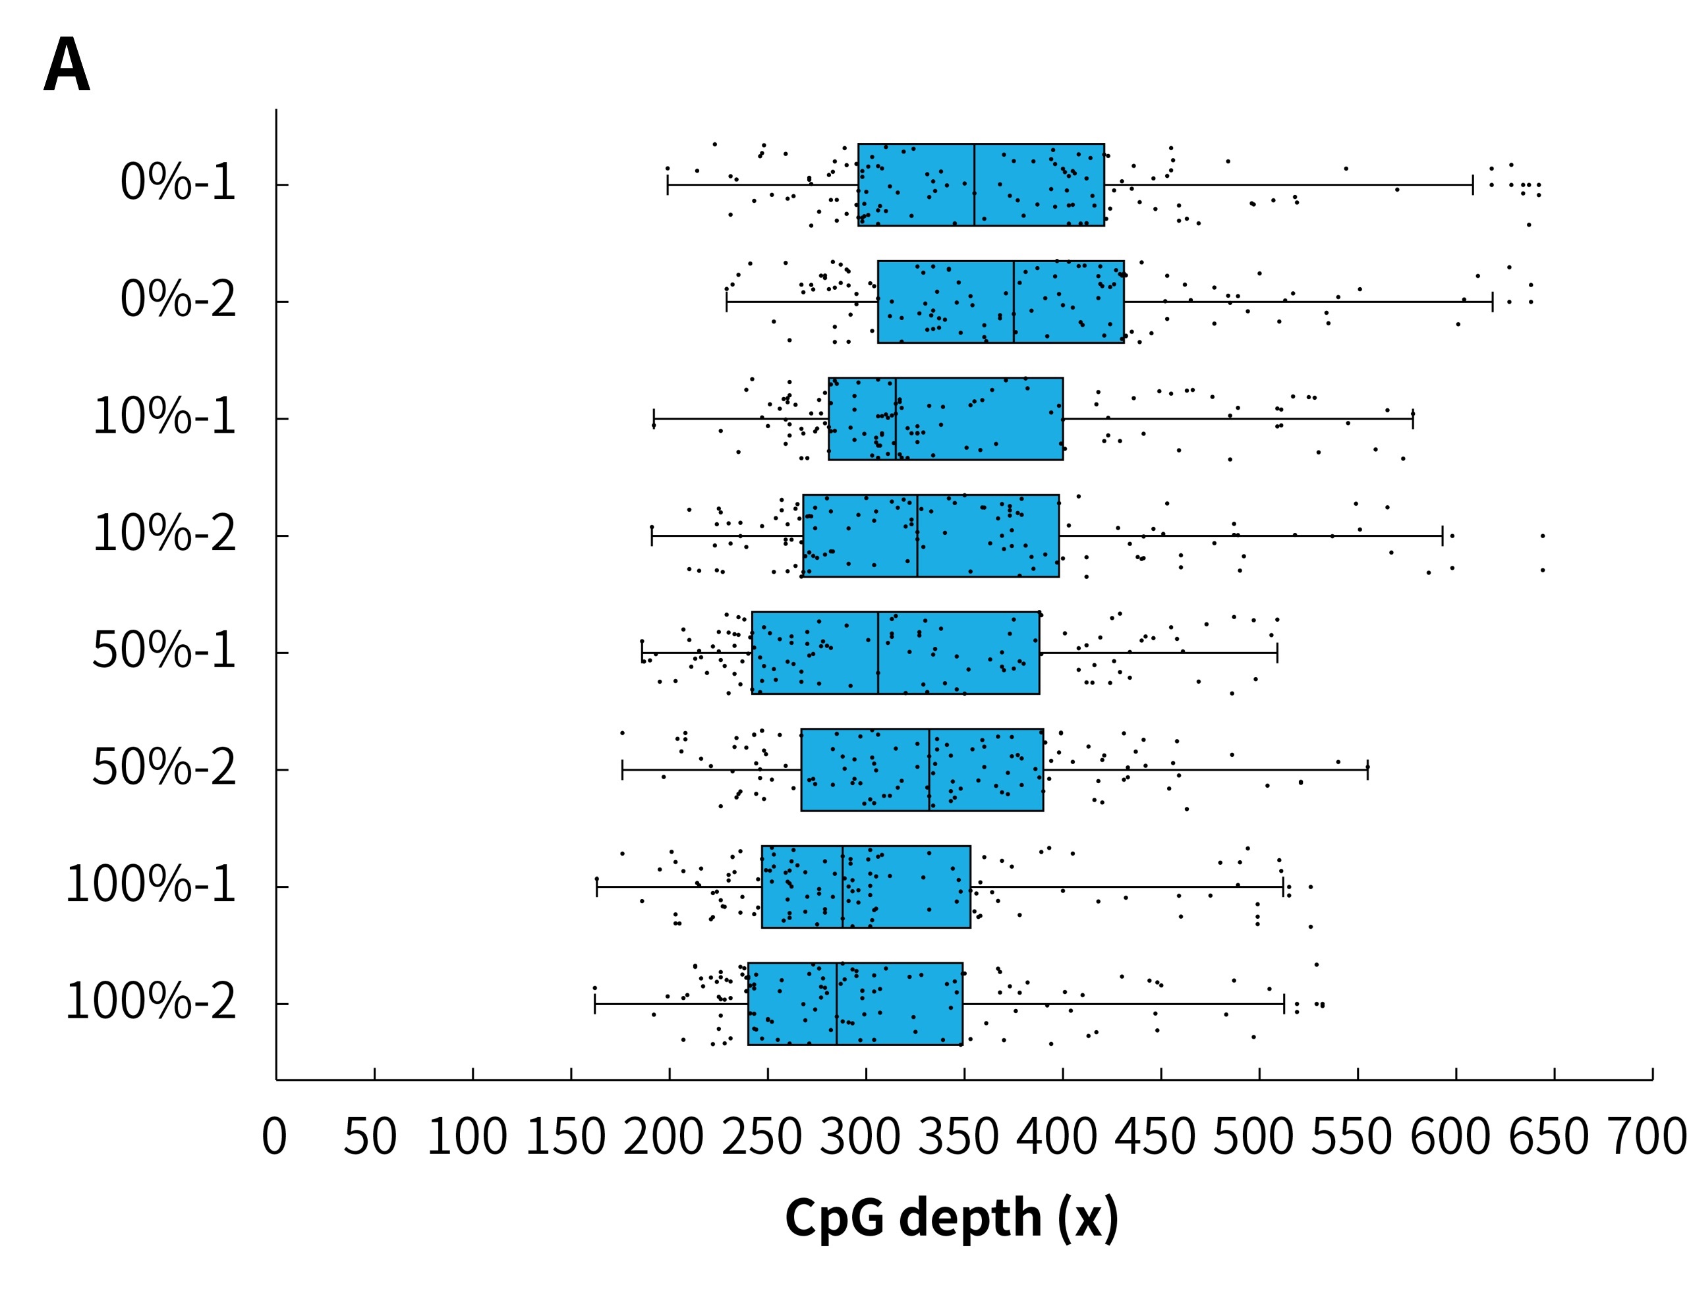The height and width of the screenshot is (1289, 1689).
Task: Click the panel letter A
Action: click(67, 65)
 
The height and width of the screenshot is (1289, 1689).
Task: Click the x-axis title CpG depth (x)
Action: click(951, 1218)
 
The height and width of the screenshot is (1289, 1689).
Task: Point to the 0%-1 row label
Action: click(177, 183)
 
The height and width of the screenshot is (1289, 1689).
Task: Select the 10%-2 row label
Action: click(163, 534)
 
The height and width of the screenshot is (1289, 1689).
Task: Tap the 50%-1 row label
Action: click(163, 651)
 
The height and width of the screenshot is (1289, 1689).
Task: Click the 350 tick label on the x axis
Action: click(958, 1137)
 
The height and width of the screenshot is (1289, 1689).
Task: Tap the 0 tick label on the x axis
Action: click(274, 1137)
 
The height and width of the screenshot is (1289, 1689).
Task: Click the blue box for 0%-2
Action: click(1000, 302)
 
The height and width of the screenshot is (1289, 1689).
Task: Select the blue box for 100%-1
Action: click(865, 887)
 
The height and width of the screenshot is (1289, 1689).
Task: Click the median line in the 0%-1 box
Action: click(974, 184)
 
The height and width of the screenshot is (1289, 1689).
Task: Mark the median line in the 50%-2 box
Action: click(929, 769)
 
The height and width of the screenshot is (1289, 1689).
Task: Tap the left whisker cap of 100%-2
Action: click(594, 1004)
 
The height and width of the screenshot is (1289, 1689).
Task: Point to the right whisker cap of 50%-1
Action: click(1276, 653)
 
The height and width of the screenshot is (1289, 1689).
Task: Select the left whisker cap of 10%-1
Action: click(653, 419)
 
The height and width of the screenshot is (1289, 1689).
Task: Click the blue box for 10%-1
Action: click(946, 419)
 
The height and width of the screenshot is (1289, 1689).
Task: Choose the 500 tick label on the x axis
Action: click(1253, 1137)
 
